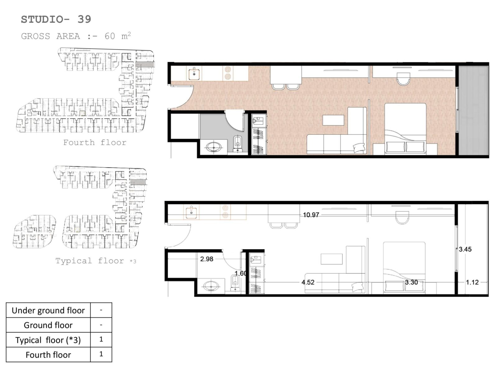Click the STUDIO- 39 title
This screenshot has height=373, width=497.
(56, 19)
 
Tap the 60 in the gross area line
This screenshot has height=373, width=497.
(110, 36)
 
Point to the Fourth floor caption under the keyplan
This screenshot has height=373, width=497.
(95, 142)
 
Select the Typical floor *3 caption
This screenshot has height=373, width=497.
(96, 261)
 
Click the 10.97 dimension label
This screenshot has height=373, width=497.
(311, 215)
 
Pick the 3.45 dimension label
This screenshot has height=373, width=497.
(465, 249)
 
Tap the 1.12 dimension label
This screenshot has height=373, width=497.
(472, 282)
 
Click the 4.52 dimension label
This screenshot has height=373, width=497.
(308, 282)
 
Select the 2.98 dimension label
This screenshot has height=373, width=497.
(207, 259)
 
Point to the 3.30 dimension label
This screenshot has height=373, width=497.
(411, 282)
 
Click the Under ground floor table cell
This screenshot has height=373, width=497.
(48, 310)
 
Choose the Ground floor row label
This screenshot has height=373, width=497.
(48, 325)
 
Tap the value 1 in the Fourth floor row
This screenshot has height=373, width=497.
(101, 354)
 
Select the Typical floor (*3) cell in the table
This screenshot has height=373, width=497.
(48, 340)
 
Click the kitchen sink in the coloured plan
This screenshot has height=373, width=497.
(194, 73)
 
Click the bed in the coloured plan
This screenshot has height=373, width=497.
(406, 129)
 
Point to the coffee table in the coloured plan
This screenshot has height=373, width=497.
(333, 120)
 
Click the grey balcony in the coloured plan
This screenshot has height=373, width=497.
(473, 111)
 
